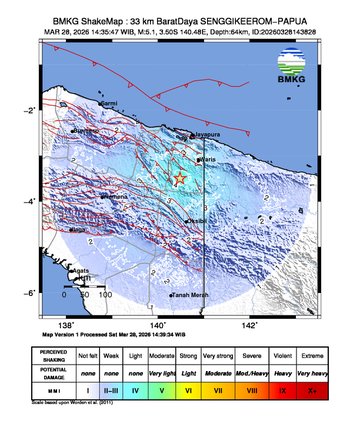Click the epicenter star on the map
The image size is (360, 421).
point(180,178)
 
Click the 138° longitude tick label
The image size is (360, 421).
point(67,325)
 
